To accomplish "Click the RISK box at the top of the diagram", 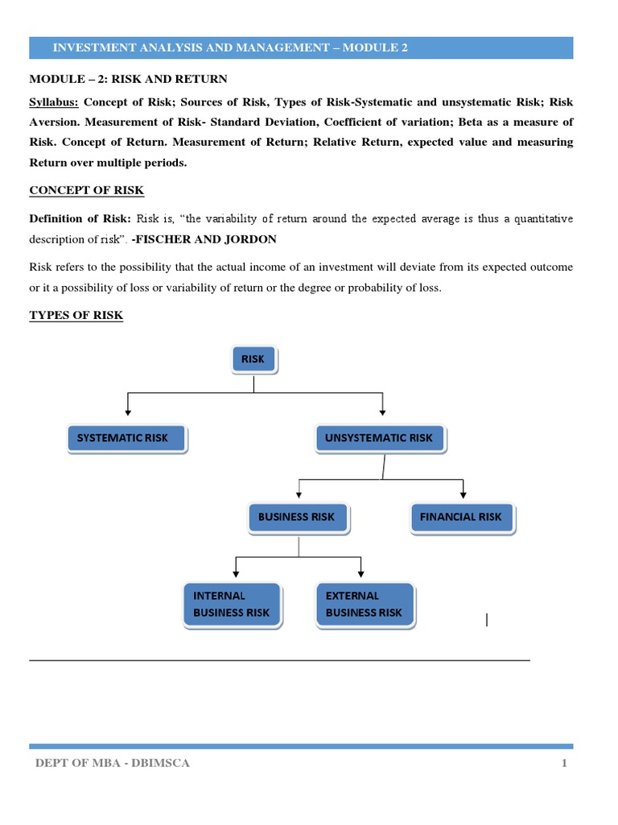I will click(x=253, y=359).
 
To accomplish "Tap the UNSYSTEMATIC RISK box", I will click(x=379, y=438).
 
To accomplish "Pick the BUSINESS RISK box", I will click(x=296, y=517).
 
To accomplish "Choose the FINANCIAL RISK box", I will click(x=461, y=517).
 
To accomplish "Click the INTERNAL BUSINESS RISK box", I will click(x=232, y=604).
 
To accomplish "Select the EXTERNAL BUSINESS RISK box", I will click(x=364, y=604).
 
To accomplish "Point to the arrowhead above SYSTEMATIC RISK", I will click(x=128, y=411).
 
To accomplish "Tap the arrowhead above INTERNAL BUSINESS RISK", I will click(x=235, y=574).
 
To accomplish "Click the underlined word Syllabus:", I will click(x=54, y=103).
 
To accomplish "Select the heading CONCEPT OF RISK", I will click(x=87, y=191).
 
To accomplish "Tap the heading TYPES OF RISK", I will click(x=76, y=315).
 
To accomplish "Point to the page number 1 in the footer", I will click(x=565, y=764).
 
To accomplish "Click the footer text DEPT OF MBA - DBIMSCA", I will click(x=113, y=764).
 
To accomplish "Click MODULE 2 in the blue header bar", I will click(x=375, y=48).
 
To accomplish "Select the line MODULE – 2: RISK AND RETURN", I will click(x=129, y=79).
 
